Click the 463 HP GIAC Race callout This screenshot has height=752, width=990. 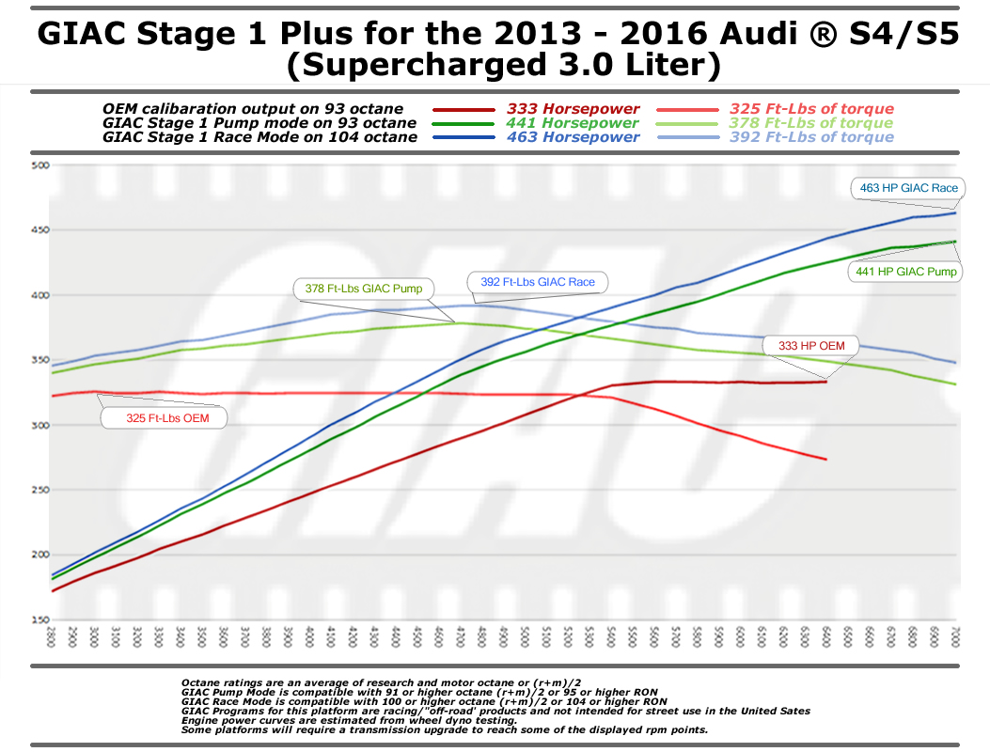(908, 188)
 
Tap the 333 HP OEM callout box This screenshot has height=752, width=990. (811, 346)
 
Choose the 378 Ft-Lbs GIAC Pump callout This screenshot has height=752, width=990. (364, 289)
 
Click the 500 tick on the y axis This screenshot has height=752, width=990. (39, 166)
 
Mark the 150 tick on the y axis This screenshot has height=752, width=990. (39, 619)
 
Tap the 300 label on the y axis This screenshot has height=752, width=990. (39, 426)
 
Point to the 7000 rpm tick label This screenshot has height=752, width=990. (956, 640)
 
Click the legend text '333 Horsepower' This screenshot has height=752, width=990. (573, 109)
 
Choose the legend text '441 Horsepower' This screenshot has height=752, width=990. (573, 123)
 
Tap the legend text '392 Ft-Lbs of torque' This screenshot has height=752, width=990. (811, 137)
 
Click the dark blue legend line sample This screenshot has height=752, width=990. (463, 137)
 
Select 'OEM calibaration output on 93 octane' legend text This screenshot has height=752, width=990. (253, 109)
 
